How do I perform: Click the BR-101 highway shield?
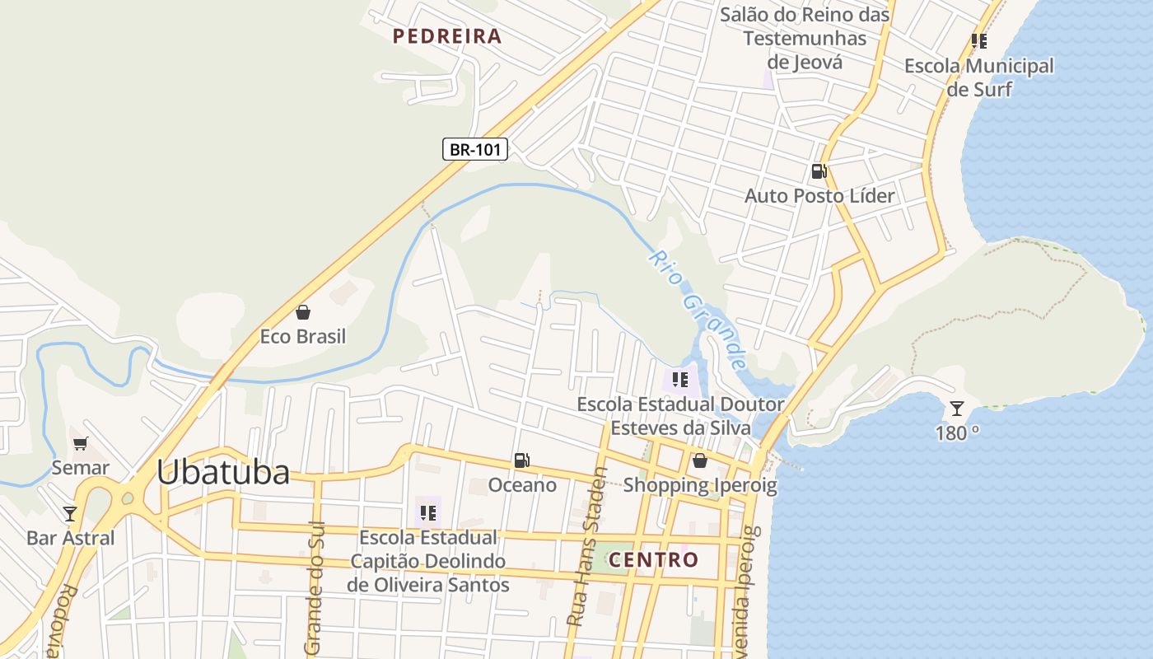click(475, 149)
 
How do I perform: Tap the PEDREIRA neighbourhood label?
click(447, 36)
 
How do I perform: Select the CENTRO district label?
click(653, 560)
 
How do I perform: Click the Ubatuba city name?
click(223, 473)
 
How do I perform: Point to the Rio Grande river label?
click(698, 310)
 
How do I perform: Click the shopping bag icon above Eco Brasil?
click(303, 312)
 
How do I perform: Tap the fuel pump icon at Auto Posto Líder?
click(819, 171)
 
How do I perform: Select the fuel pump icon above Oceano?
click(521, 460)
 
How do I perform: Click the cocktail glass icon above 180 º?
click(956, 409)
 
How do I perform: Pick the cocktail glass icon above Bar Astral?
click(70, 514)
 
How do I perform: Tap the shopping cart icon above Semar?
click(80, 444)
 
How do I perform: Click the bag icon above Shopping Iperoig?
click(699, 460)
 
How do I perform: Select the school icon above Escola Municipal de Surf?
click(978, 40)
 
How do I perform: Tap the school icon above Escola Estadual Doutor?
click(679, 380)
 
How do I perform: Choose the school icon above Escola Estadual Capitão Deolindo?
click(427, 513)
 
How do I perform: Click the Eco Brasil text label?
click(303, 337)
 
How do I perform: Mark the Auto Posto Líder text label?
click(819, 196)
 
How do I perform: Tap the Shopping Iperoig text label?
click(699, 485)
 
